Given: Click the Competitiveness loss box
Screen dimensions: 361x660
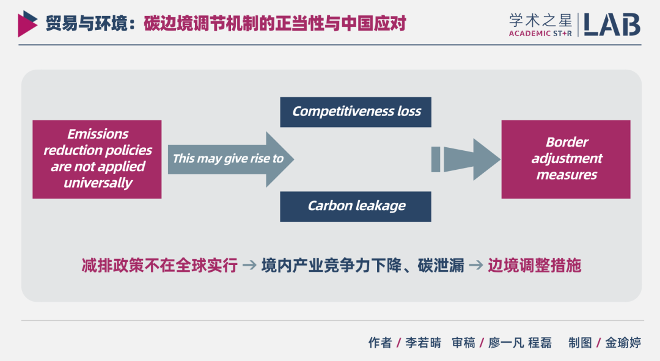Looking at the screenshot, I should (x=356, y=111).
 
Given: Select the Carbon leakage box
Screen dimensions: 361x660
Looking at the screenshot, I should (x=356, y=206).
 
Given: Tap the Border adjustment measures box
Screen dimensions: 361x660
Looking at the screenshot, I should (x=566, y=159).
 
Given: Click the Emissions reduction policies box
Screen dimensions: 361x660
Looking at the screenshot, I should (x=97, y=159).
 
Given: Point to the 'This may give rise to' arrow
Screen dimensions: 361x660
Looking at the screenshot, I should (x=229, y=159).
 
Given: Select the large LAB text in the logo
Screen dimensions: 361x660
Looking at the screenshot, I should (x=611, y=24).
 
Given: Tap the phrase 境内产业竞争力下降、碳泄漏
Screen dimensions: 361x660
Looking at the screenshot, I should (x=362, y=266).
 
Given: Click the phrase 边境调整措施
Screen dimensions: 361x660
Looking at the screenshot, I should (x=534, y=266).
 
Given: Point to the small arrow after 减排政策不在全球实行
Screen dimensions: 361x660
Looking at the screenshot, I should (x=249, y=266).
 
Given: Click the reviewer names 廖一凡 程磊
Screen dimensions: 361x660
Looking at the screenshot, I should (x=519, y=343).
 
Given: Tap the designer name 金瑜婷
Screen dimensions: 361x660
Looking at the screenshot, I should (x=623, y=343).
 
